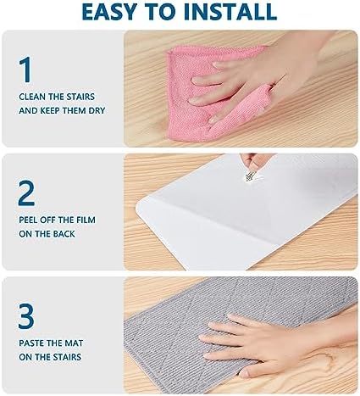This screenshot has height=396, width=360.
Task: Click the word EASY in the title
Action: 108,12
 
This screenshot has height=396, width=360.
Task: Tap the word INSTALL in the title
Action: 230,12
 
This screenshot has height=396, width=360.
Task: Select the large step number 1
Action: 25,70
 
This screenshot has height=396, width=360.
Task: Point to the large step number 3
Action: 26,316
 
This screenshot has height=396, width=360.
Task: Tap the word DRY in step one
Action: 97,110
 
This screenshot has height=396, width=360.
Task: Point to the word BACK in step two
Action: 64,234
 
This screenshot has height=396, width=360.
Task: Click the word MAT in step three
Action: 74,343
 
